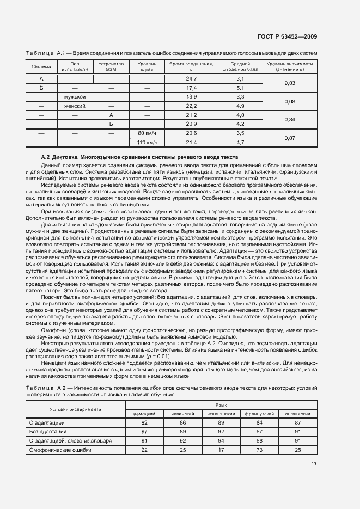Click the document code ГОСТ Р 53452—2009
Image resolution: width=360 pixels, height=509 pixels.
(287, 37)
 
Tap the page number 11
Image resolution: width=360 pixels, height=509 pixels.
(314, 463)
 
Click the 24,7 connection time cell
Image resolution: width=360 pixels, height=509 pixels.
(191, 79)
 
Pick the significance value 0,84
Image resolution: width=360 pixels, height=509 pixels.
(290, 119)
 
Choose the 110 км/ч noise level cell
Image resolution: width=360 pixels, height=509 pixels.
(147, 143)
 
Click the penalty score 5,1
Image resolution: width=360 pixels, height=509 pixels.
(240, 88)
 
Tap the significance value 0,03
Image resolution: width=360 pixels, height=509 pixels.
(290, 83)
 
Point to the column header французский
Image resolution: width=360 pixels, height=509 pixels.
(259, 414)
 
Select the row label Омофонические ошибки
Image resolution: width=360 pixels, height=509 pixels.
(60, 450)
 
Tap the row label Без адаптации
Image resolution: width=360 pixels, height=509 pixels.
(47, 432)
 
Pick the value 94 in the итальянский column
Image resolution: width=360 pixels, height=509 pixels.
(221, 441)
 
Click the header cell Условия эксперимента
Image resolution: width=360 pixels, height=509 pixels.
(76, 409)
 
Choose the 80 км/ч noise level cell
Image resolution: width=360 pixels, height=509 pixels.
(147, 133)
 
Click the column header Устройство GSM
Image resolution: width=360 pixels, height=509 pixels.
(111, 67)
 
